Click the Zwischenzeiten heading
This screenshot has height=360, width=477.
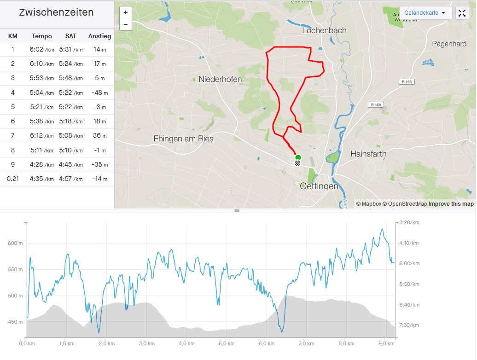(56, 12)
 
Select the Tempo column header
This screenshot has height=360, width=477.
(42, 36)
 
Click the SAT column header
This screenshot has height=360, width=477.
(70, 36)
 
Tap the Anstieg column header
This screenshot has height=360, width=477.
(99, 36)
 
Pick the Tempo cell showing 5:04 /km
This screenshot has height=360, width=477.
(42, 93)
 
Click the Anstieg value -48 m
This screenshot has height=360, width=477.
(99, 93)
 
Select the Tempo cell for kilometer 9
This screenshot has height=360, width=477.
(42, 164)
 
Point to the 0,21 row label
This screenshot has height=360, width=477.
(13, 179)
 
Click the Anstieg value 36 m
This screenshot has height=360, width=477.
(99, 136)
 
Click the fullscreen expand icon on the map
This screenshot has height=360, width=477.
(461, 13)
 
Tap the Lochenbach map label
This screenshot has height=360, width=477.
(324, 30)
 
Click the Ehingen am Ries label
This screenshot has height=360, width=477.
(183, 139)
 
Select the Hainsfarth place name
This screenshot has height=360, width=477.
(368, 153)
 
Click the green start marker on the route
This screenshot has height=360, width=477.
(298, 157)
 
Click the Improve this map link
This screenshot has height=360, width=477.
(451, 204)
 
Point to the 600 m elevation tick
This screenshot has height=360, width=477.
(15, 243)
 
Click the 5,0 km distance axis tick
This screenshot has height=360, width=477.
(225, 343)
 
